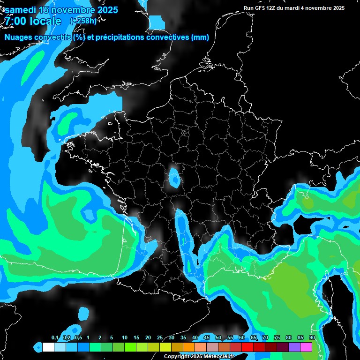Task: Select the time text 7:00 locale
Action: point(33,21)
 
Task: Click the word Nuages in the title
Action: point(18,37)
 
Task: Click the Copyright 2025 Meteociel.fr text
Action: point(199,356)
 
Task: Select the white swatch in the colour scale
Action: point(48,347)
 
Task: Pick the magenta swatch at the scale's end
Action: point(306,347)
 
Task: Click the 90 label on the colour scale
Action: point(312,338)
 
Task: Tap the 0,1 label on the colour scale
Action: point(54,338)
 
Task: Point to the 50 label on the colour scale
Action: point(218,338)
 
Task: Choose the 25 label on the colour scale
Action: point(160,338)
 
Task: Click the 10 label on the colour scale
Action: point(125,338)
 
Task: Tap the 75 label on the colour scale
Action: point(277,338)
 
